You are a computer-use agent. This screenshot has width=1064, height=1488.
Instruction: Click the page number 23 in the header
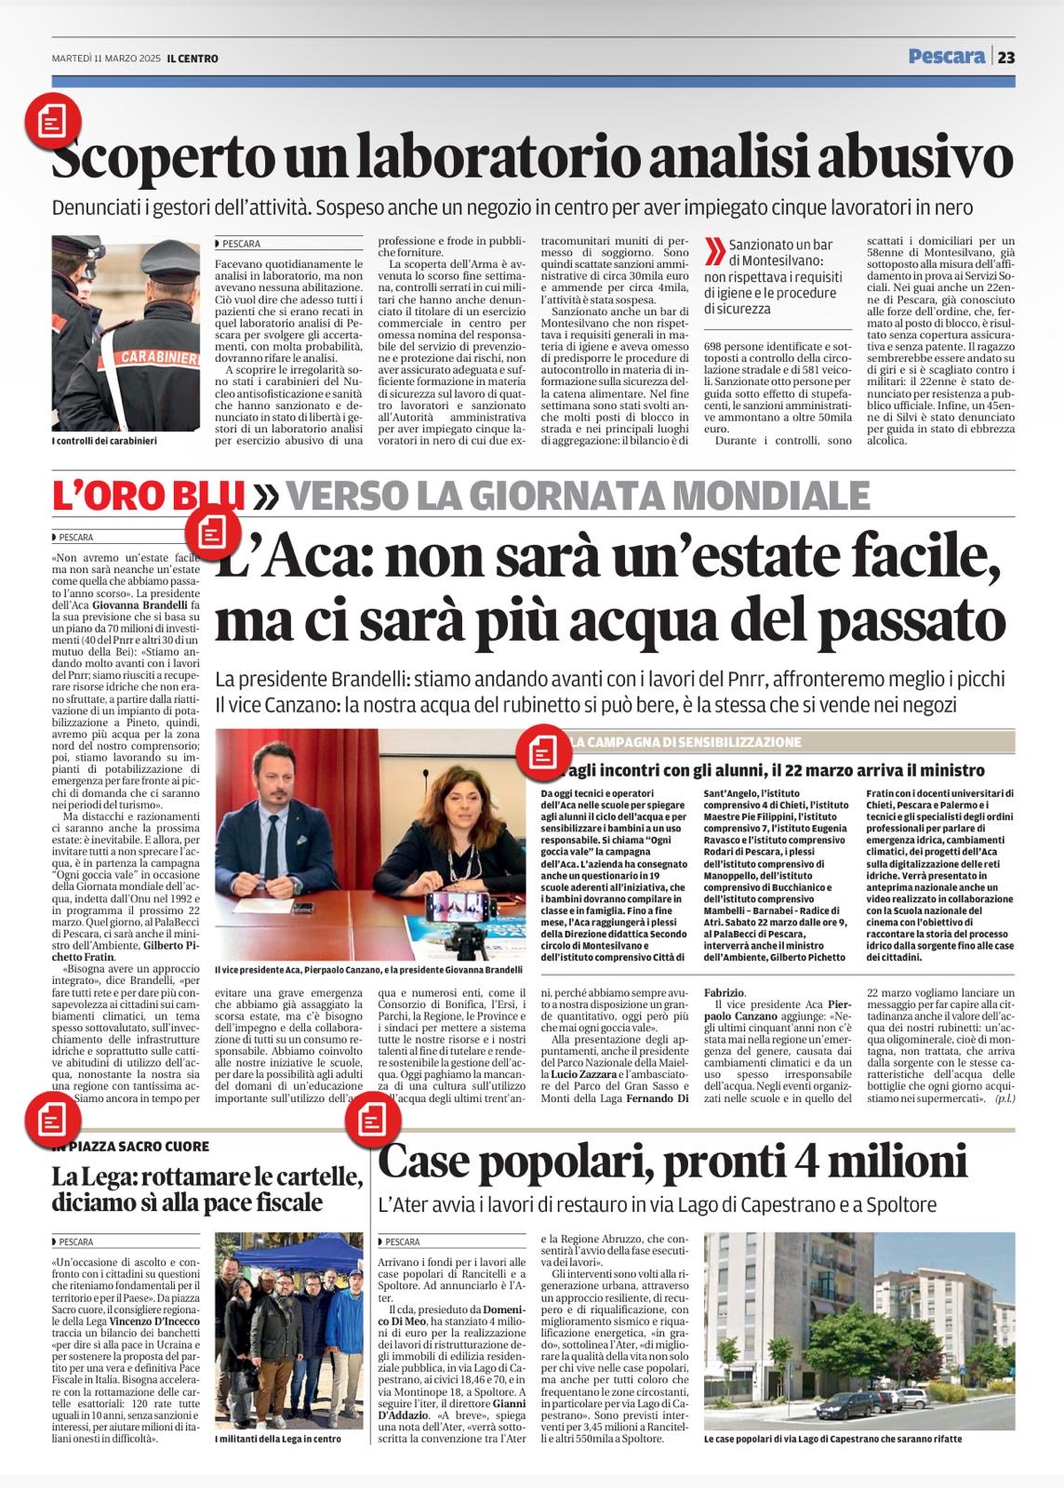coord(1006,57)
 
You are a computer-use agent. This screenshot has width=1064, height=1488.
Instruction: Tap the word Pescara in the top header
coord(947,57)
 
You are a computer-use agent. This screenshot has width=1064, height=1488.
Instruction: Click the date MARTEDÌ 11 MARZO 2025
coord(106,59)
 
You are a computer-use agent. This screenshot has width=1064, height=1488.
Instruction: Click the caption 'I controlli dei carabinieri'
coord(104,441)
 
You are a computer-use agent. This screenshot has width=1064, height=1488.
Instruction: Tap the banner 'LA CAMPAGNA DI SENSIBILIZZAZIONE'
coord(685,742)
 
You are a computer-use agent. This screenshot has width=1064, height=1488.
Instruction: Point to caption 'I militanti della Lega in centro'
coord(278,1439)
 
